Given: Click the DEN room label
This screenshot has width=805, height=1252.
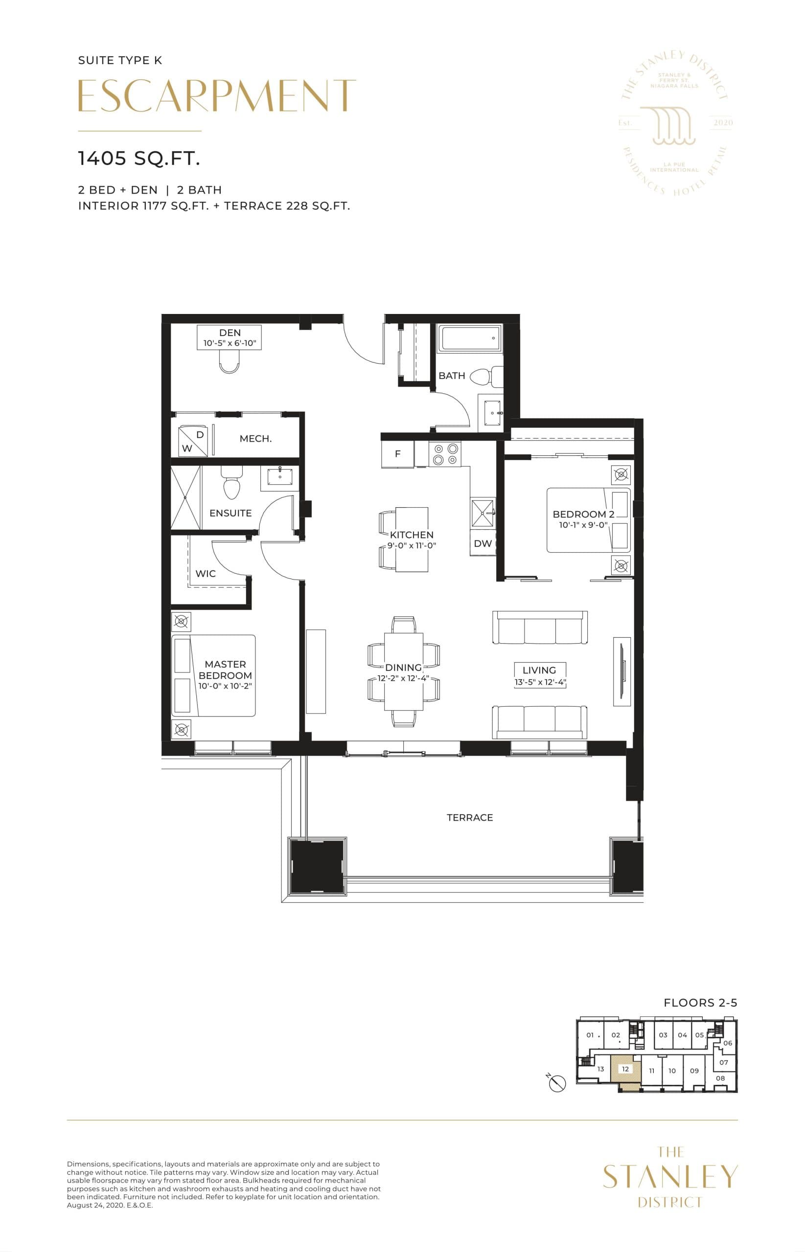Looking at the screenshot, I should (x=230, y=333).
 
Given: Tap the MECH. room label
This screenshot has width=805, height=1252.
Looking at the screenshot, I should (x=255, y=439).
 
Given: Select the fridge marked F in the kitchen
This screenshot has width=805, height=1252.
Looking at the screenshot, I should (x=398, y=454).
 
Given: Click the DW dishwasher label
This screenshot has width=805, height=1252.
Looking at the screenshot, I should (x=483, y=543).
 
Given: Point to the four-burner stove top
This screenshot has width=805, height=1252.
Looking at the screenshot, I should (x=445, y=454).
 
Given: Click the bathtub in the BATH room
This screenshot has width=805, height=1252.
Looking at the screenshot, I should (x=470, y=338).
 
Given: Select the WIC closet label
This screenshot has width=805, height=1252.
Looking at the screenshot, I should (x=206, y=574).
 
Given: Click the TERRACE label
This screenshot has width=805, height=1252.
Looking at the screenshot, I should (x=469, y=817).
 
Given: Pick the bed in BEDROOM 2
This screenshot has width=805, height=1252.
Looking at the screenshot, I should (x=588, y=520).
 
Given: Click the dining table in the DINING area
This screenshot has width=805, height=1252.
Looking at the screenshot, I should (x=404, y=671).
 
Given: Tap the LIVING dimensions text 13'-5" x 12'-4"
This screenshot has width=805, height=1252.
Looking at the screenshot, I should (x=540, y=682).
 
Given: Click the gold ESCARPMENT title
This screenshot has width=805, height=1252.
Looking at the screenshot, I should (x=217, y=96).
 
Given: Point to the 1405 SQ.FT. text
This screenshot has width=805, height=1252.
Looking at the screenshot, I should (x=139, y=158).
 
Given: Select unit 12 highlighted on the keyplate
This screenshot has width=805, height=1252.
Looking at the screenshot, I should (x=625, y=1069).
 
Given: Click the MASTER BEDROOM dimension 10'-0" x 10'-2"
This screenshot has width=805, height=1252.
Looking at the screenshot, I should (x=225, y=686).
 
